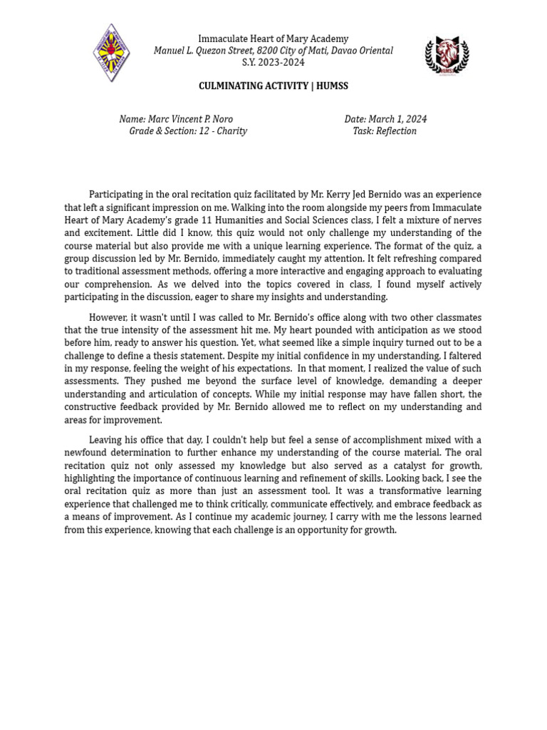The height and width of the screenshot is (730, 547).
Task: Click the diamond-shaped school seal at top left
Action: point(111,52)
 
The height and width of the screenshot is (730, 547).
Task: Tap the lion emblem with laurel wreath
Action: point(447,55)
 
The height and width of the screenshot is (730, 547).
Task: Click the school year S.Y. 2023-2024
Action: point(273,63)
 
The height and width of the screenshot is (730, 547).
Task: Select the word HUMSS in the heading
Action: point(331,86)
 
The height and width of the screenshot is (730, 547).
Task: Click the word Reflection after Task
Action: point(396,131)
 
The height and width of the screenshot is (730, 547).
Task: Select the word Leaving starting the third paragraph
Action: point(106,440)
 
